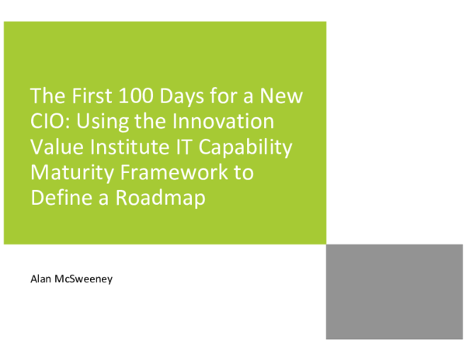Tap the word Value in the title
55,147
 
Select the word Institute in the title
123,147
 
